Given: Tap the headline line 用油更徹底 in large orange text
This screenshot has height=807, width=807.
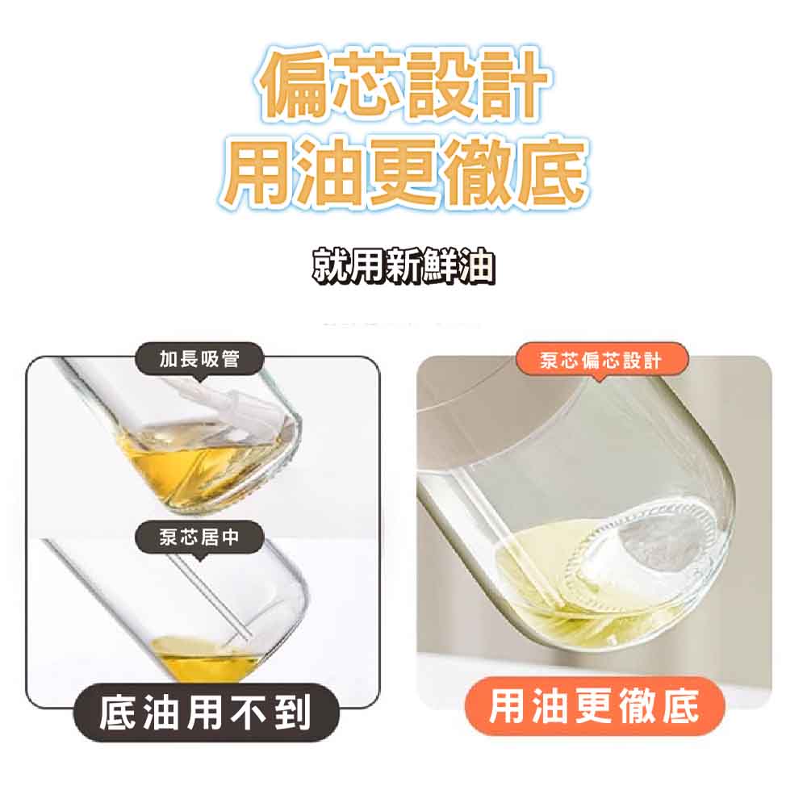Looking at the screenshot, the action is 404,171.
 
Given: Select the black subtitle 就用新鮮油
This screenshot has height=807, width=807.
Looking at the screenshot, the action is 404,266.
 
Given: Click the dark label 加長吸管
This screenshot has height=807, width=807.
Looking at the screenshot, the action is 199,359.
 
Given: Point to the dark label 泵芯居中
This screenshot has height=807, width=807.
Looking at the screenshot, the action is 199,537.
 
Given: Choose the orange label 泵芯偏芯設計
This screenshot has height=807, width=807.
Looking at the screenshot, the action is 601,360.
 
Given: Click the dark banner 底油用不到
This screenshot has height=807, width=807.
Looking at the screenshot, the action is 206,713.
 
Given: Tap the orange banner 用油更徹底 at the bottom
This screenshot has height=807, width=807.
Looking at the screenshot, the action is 595,705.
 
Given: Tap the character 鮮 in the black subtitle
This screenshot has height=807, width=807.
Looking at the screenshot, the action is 441,266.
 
